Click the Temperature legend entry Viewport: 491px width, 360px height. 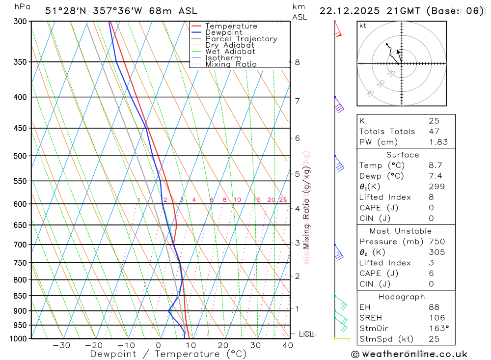(x=231, y=26)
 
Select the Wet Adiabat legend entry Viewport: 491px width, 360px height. (x=230, y=52)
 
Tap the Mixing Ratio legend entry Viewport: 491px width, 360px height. (x=231, y=64)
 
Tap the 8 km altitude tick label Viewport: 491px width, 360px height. (x=297, y=62)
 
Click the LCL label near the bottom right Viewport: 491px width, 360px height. (x=306, y=334)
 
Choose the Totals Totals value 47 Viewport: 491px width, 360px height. (x=434, y=132)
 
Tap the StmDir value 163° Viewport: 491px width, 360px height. (x=437, y=329)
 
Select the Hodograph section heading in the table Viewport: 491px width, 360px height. (x=402, y=297)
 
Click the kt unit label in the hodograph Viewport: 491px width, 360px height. (x=363, y=26)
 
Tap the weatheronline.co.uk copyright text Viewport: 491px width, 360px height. (x=409, y=354)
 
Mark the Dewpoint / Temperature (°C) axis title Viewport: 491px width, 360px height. (x=168, y=354)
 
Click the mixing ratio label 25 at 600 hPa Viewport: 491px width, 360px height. (x=283, y=200)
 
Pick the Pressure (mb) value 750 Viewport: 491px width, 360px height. (x=436, y=242)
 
